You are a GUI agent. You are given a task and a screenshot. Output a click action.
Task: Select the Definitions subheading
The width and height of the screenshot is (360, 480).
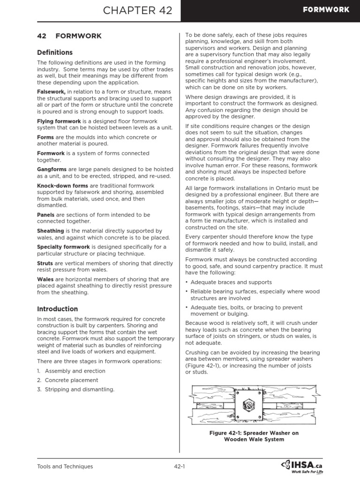pyautogui.click(x=55, y=52)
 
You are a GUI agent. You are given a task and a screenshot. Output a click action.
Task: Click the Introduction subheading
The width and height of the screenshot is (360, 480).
pyautogui.click(x=58, y=309)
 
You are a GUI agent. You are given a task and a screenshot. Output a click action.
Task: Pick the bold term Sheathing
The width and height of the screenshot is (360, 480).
pyautogui.click(x=51, y=231)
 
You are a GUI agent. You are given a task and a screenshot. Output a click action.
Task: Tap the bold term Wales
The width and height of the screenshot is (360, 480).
pyautogui.click(x=45, y=279)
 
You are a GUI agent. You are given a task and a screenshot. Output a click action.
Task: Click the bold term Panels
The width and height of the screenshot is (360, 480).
pyautogui.click(x=46, y=215)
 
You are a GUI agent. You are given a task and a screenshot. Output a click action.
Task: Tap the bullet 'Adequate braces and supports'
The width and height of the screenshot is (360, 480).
pyautogui.click(x=231, y=282)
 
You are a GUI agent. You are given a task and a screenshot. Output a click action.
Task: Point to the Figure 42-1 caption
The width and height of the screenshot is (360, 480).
pyautogui.click(x=254, y=436)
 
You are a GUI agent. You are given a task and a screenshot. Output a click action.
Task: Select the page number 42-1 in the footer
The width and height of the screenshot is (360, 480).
pyautogui.click(x=180, y=466)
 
